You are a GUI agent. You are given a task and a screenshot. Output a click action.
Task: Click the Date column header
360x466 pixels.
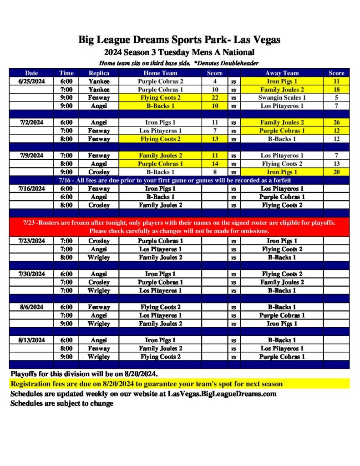31,73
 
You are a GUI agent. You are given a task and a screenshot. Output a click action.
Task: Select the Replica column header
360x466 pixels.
99,73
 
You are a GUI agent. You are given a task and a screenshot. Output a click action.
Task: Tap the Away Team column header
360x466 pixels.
282,73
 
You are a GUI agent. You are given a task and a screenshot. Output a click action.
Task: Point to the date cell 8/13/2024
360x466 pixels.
31,340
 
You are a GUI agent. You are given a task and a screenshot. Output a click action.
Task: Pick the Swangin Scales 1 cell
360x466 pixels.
282,97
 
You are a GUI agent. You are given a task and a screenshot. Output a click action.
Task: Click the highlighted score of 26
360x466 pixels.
336,122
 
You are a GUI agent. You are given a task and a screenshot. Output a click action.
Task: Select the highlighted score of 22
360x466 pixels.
214,97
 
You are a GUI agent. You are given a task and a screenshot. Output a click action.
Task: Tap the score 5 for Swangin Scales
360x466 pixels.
336,97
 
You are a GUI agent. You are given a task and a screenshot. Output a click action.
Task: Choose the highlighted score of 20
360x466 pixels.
336,172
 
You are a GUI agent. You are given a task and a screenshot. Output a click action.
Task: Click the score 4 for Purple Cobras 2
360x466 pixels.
214,81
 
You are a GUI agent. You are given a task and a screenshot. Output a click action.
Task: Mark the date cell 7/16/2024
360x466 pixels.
31,188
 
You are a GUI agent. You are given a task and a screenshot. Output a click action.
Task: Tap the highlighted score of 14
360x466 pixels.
214,164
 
